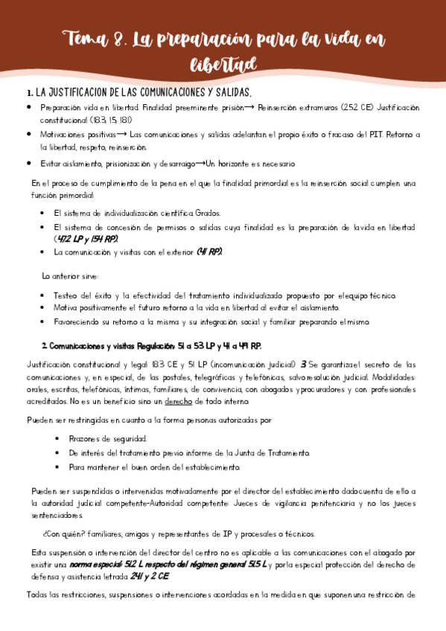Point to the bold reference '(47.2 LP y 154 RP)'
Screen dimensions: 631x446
point(86,239)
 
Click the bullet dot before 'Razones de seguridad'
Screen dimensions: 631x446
point(58,438)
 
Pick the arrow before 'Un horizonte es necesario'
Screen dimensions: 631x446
point(201,163)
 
